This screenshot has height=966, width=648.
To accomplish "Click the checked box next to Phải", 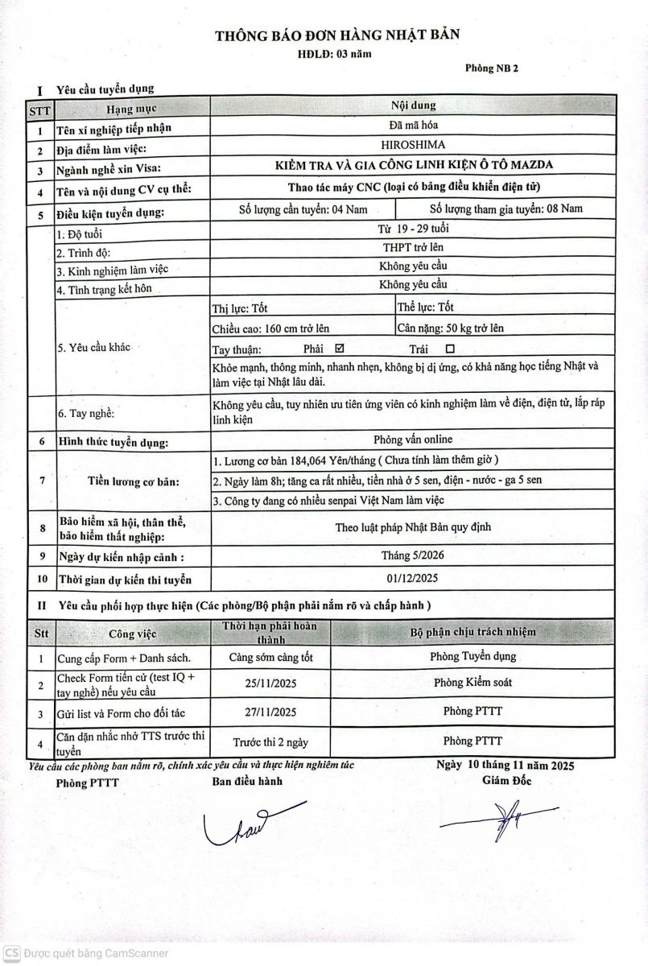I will [x=338, y=349].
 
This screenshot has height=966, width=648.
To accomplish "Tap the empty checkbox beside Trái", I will [x=449, y=349].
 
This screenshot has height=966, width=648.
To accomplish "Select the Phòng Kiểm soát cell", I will [x=473, y=683].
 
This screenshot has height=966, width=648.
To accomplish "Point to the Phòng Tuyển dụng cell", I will [x=473, y=656].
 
